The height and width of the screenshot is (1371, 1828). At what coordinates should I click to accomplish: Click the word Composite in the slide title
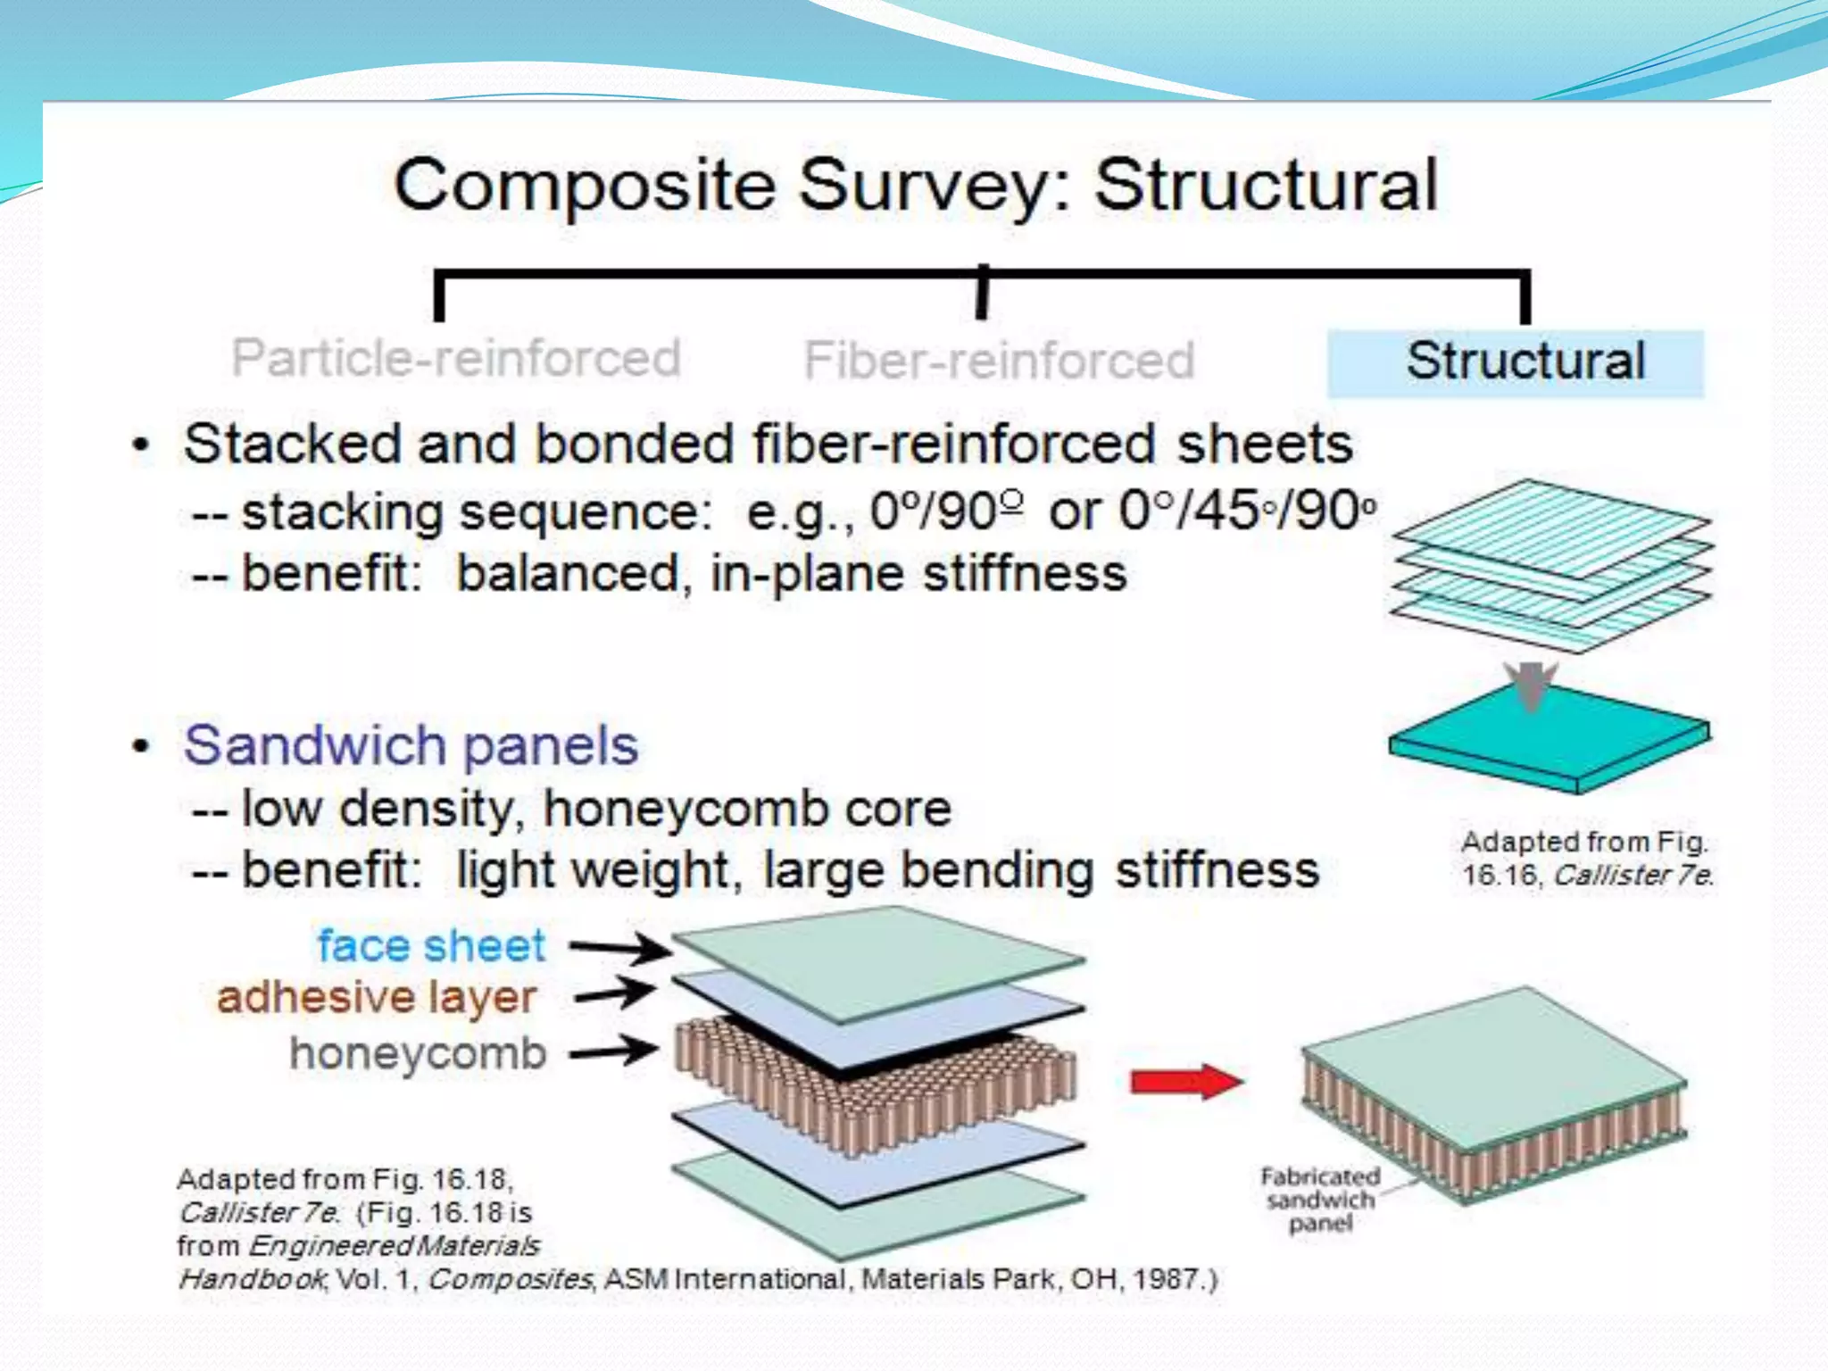point(585,186)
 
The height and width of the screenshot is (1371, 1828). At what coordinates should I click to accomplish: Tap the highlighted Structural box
point(1515,362)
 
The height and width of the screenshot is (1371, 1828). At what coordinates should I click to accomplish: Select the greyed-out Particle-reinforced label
point(456,359)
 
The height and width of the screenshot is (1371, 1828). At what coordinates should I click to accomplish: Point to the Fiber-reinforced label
point(999,361)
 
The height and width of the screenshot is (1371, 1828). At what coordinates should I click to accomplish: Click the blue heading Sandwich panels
point(411,745)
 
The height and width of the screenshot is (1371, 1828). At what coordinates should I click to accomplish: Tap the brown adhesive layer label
point(377,998)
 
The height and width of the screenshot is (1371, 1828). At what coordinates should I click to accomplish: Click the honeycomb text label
point(418,1054)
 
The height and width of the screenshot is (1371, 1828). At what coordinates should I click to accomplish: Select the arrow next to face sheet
point(619,947)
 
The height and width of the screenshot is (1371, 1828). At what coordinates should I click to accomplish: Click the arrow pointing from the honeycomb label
point(614,1052)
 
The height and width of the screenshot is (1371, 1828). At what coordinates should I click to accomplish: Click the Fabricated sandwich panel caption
point(1319,1201)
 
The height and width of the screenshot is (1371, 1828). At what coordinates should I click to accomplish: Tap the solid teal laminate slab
point(1549,736)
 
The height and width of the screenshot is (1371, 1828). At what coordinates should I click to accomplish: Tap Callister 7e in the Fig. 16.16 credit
point(1632,876)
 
